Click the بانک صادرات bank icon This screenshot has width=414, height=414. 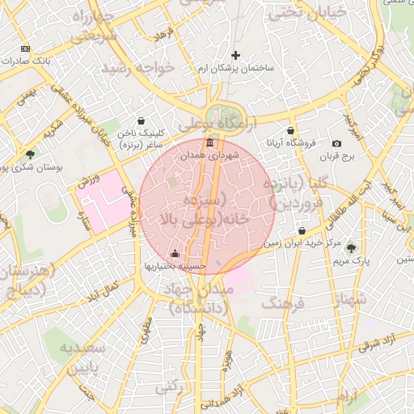(x=25, y=49)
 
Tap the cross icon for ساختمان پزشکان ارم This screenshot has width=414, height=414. (x=235, y=55)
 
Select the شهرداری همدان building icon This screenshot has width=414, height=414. (x=210, y=142)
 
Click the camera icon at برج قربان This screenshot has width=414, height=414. (x=337, y=143)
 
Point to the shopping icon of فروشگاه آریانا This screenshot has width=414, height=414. (x=290, y=130)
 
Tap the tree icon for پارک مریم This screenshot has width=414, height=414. (x=351, y=247)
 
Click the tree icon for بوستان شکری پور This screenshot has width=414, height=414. (x=30, y=154)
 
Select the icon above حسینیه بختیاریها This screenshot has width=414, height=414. (x=175, y=253)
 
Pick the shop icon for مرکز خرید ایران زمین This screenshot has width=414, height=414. (x=302, y=231)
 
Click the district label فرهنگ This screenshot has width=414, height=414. (x=281, y=304)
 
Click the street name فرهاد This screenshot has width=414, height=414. (x=165, y=36)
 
